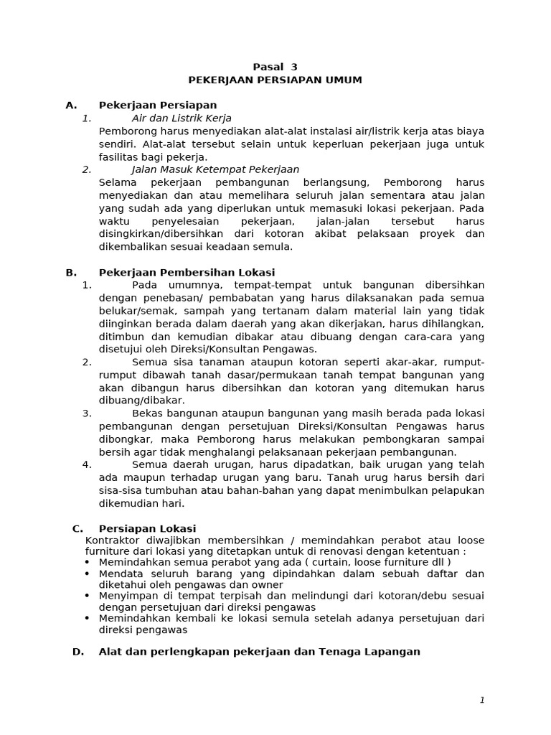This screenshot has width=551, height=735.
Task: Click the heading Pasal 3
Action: (275, 67)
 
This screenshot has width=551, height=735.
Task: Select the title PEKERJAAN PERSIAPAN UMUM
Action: (275, 80)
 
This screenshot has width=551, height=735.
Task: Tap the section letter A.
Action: (70, 106)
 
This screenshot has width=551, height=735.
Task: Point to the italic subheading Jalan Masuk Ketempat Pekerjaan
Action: (215, 170)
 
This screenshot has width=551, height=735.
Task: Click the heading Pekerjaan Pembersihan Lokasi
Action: (187, 273)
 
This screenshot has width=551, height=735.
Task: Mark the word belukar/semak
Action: (131, 312)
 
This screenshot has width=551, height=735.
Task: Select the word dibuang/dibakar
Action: (141, 401)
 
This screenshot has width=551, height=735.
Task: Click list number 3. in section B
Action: (87, 413)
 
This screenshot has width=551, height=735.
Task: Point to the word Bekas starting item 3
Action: (148, 413)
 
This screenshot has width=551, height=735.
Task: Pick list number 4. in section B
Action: (87, 464)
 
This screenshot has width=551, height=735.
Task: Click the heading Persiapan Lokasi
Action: (147, 529)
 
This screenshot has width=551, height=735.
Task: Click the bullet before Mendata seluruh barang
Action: (88, 574)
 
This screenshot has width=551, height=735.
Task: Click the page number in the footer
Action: (483, 701)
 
